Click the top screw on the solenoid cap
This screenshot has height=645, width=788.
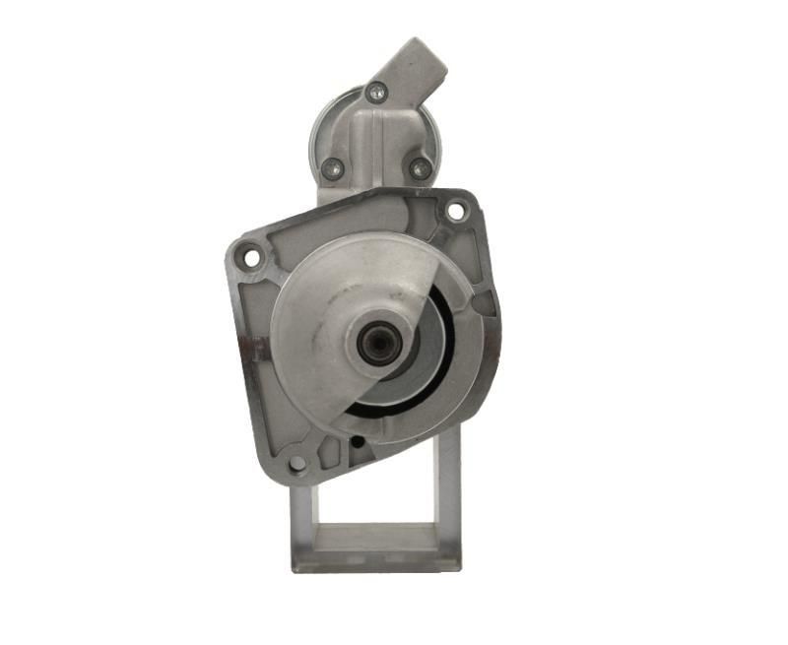point(374,95)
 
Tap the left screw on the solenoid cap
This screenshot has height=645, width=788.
point(333,166)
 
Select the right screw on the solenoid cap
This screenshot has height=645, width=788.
point(421,168)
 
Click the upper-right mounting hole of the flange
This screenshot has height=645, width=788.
point(455,210)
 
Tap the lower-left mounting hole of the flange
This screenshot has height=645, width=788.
point(296,462)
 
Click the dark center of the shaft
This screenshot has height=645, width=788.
point(375,344)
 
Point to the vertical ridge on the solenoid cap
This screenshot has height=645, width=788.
point(375,148)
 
